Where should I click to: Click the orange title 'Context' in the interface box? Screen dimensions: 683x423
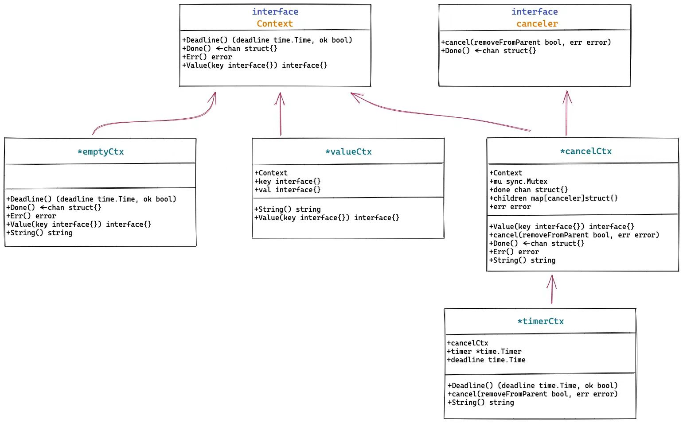pyautogui.click(x=275, y=23)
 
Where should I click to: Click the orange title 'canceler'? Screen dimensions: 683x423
pyautogui.click(x=537, y=23)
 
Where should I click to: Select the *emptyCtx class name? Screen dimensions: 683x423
pyautogui.click(x=101, y=151)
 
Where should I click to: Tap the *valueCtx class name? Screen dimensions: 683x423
pyautogui.click(x=348, y=151)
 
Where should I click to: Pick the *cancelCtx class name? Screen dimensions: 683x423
pyautogui.click(x=586, y=151)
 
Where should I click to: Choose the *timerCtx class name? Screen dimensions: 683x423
pyautogui.click(x=541, y=321)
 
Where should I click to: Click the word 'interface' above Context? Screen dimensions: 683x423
pyautogui.click(x=275, y=12)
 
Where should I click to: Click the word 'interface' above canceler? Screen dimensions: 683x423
pyautogui.click(x=535, y=12)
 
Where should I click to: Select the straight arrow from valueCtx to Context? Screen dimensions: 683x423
pyautogui.click(x=280, y=114)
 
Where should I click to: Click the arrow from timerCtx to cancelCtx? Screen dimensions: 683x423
pyautogui.click(x=551, y=290)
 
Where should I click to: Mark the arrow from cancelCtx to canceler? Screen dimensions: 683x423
pyautogui.click(x=566, y=113)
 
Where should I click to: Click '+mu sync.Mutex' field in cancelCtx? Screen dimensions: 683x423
pyautogui.click(x=519, y=181)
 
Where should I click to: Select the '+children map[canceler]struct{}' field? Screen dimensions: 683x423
pyautogui.click(x=554, y=198)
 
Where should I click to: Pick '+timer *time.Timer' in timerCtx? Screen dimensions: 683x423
pyautogui.click(x=484, y=351)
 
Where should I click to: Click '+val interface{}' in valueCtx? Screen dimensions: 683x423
pyautogui.click(x=288, y=190)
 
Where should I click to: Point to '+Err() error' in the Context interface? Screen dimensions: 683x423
pyautogui.click(x=207, y=57)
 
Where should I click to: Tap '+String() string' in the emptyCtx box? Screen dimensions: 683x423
pyautogui.click(x=39, y=233)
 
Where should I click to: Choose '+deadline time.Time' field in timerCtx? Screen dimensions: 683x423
pyautogui.click(x=486, y=360)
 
